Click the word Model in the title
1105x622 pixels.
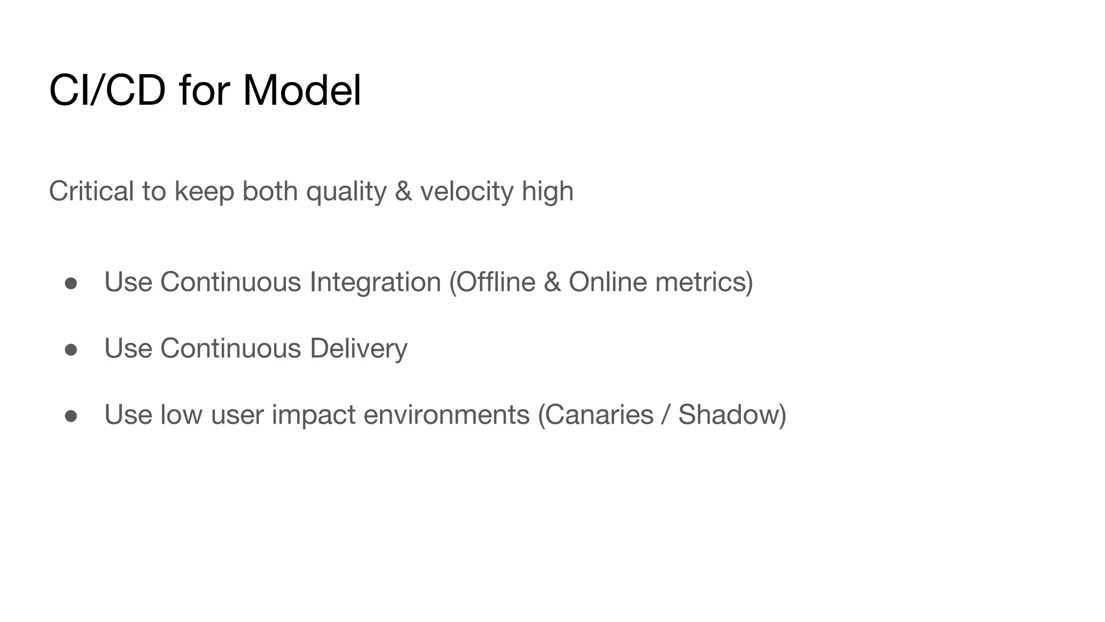click(302, 90)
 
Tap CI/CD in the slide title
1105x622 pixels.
click(107, 90)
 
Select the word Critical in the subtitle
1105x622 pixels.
click(91, 191)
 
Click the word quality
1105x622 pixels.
click(346, 192)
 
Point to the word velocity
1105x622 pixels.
click(467, 192)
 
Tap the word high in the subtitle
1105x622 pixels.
click(547, 192)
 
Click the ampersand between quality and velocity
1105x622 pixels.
click(404, 192)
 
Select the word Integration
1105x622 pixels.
click(375, 282)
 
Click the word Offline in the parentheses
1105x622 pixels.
click(492, 282)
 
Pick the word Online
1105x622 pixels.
click(608, 282)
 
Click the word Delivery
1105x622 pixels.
click(358, 348)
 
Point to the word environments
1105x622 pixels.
click(446, 415)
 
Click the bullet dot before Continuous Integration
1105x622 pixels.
click(71, 283)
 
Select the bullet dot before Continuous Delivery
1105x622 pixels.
click(71, 350)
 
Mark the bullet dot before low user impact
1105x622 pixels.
click(71, 416)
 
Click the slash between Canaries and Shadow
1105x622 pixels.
click(666, 415)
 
